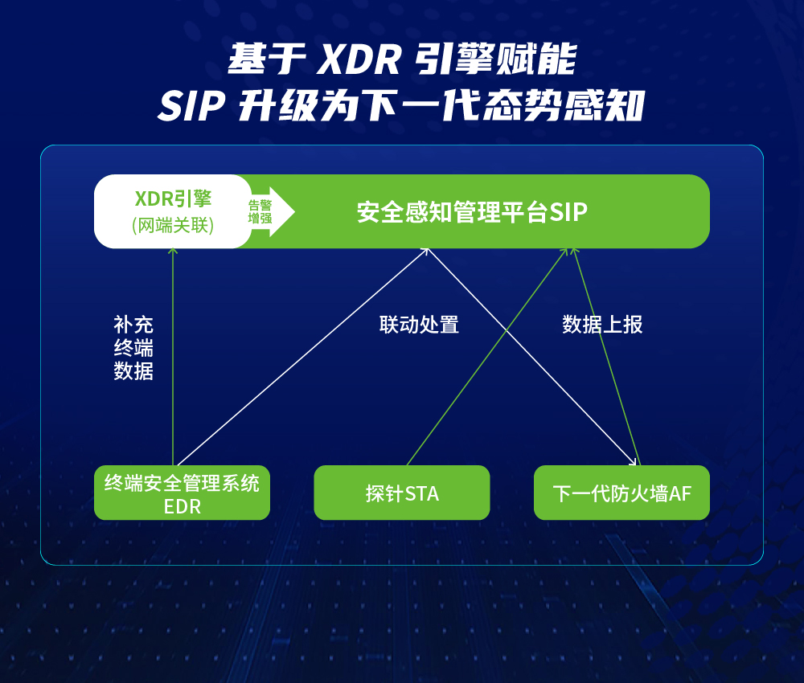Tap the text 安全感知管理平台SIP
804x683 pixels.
[472, 212]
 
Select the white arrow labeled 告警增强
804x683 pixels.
[271, 211]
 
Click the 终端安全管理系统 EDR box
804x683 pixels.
[182, 493]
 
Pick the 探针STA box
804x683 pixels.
[402, 493]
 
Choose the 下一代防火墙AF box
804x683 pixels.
[622, 493]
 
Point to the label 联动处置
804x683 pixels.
[419, 325]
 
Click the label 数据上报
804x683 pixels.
[602, 325]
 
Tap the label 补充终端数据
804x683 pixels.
[133, 348]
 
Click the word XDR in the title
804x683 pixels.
[359, 60]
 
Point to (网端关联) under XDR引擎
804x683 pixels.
[173, 226]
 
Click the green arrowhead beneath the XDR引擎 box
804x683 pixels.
[173, 252]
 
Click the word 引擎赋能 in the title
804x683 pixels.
[495, 60]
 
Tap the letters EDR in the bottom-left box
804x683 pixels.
[182, 507]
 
